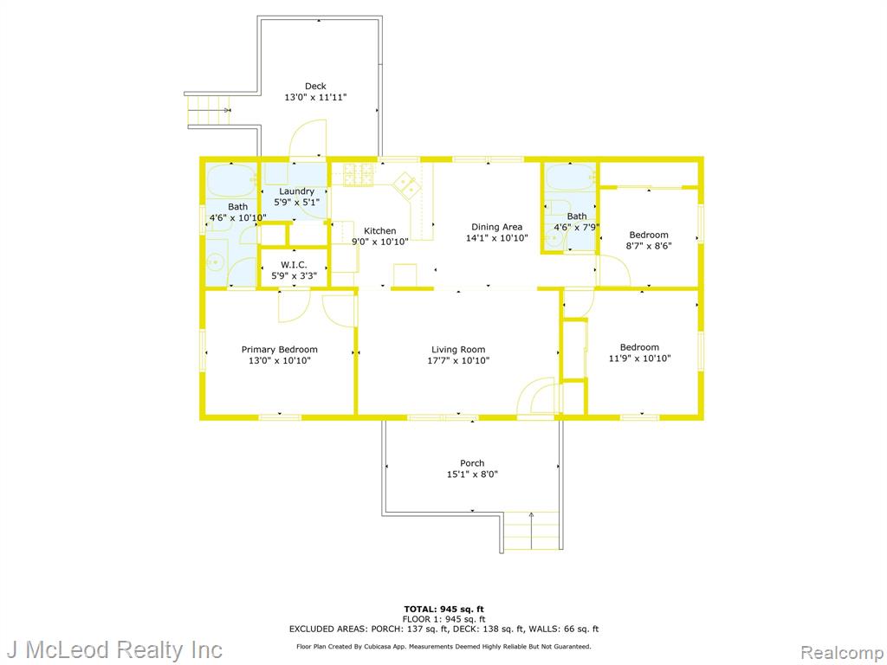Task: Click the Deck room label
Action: tap(315, 86)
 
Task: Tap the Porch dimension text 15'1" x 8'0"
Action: tap(472, 475)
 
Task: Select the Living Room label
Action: tap(458, 350)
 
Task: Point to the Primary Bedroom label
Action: tap(280, 350)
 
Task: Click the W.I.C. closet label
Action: tap(295, 265)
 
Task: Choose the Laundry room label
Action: tap(296, 191)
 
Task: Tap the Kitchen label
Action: tap(379, 230)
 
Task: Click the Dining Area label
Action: tap(496, 227)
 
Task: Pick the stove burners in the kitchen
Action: tap(359, 174)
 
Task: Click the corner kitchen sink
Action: tap(407, 185)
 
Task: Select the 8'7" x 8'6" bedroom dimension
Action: tap(649, 246)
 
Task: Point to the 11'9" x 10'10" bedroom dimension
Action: tap(640, 358)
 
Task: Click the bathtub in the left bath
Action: tap(231, 181)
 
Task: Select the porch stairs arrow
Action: tap(531, 531)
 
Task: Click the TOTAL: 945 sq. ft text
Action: tap(444, 609)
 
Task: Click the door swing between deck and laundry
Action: tap(308, 138)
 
